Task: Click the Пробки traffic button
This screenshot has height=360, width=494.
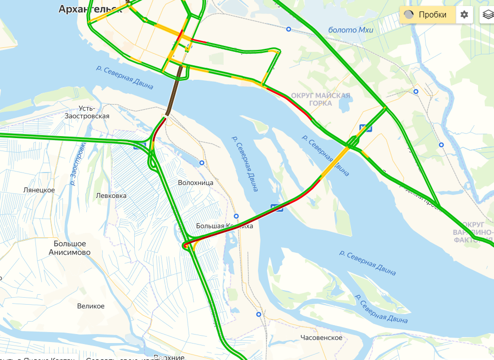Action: [428, 14]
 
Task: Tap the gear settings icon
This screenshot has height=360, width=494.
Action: [464, 14]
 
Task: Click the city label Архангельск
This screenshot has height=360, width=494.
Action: [90, 9]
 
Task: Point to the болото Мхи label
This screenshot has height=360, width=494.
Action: [350, 30]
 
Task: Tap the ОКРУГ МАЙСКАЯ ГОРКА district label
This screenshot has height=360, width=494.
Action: [320, 99]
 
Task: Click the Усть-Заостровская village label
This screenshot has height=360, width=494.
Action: [87, 112]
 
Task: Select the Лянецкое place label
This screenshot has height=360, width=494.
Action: [39, 190]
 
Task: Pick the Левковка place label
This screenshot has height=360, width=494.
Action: [111, 196]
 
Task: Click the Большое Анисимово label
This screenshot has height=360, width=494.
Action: [70, 248]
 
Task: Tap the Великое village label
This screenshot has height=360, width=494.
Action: [91, 306]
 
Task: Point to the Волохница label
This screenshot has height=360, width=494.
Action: [196, 182]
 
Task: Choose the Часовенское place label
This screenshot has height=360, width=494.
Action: [321, 338]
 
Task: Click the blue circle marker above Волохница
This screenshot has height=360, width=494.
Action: [202, 163]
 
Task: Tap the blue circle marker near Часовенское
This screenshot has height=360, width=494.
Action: [258, 314]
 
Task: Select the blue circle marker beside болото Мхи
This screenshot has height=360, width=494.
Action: [288, 29]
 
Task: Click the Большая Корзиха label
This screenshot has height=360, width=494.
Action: [224, 226]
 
